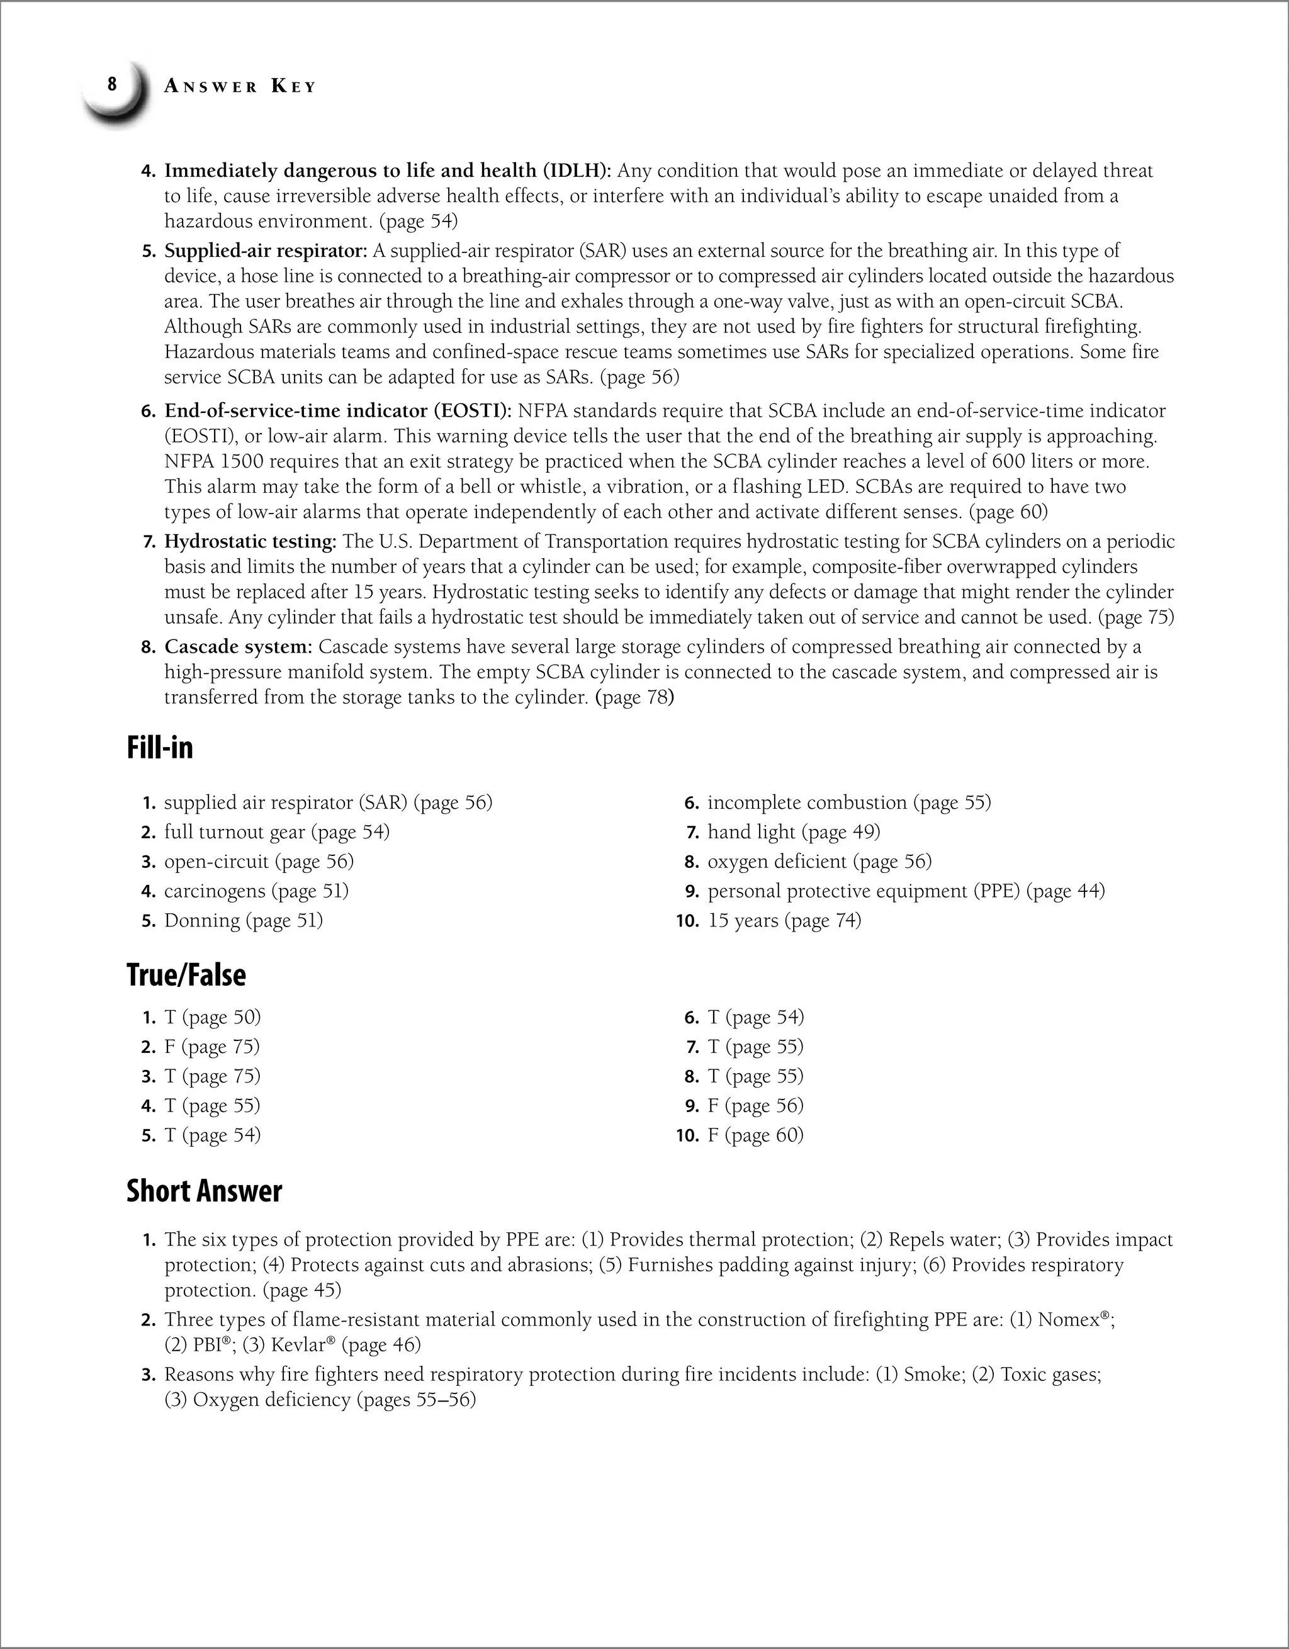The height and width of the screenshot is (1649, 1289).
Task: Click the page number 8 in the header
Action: pyautogui.click(x=112, y=84)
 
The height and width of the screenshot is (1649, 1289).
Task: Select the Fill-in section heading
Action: pyautogui.click(x=160, y=748)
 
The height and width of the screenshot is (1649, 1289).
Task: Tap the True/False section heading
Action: pyautogui.click(x=186, y=975)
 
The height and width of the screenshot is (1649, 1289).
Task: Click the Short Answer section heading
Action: pyautogui.click(x=204, y=1191)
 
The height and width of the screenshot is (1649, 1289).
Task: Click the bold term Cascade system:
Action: pyautogui.click(x=239, y=647)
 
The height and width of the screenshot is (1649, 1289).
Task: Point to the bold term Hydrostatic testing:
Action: pyautogui.click(x=250, y=541)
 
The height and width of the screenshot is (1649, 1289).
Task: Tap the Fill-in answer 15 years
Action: pyautogui.click(x=742, y=920)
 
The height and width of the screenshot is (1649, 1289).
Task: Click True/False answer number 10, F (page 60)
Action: pyautogui.click(x=755, y=1135)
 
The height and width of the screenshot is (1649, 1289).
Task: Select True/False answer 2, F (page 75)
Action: pyautogui.click(x=211, y=1047)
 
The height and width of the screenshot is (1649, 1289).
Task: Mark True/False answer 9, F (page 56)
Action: pyautogui.click(x=755, y=1105)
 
